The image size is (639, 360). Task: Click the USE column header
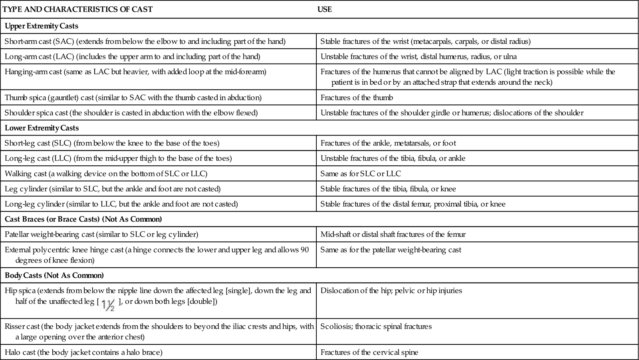click(x=324, y=9)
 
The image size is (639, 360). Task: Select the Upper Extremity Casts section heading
click(x=42, y=26)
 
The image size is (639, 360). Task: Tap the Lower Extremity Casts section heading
click(x=42, y=128)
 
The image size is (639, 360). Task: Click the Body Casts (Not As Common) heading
click(x=54, y=275)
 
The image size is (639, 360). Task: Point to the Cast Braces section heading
click(x=83, y=219)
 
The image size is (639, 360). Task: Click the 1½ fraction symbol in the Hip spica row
click(x=108, y=305)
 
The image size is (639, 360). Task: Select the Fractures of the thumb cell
click(x=357, y=97)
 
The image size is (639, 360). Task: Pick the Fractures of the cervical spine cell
click(x=369, y=352)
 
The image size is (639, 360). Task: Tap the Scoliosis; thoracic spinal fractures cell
click(x=376, y=326)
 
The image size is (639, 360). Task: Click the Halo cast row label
click(x=83, y=352)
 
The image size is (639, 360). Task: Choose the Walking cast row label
click(x=106, y=173)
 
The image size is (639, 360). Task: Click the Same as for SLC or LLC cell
click(x=361, y=173)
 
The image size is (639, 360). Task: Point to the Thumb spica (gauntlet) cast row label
click(x=133, y=97)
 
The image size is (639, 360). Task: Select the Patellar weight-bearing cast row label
click(x=101, y=235)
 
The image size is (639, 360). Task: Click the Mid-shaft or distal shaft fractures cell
click(x=393, y=235)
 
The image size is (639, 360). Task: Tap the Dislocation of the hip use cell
click(x=391, y=290)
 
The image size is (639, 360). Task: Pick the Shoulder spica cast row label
click(x=131, y=113)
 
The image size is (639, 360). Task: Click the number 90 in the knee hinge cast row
click(x=305, y=250)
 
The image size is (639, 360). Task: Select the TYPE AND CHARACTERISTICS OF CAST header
click(x=77, y=9)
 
